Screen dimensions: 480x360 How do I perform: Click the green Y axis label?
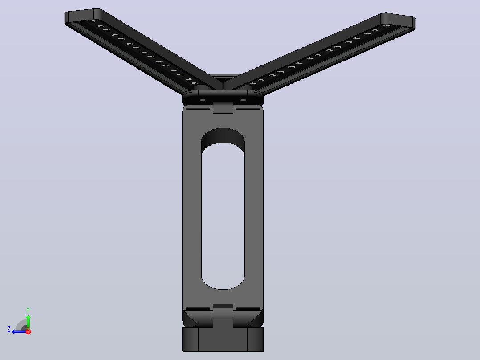coord(28,310)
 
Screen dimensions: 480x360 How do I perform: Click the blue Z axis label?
coord(9,329)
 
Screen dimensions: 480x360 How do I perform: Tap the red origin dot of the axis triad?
coord(28,331)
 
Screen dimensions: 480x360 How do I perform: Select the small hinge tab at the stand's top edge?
coord(223,107)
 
